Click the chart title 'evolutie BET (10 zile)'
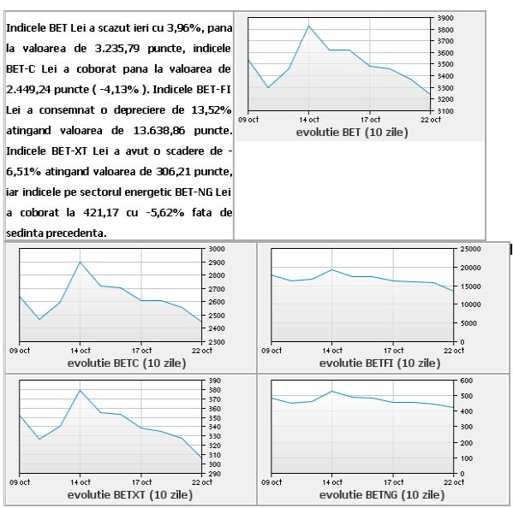coord(352,133)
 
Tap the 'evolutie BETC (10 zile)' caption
coord(127,363)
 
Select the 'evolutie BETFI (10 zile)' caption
coord(380,363)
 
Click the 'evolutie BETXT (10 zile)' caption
coord(130,494)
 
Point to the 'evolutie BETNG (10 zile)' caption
coord(382,494)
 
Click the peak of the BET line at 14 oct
coord(308,27)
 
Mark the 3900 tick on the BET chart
coord(445,18)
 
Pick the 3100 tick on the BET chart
coord(445,111)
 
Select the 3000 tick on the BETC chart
coord(217,249)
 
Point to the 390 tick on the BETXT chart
coord(215,381)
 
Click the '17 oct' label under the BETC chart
coord(141,351)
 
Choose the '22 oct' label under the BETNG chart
coord(454,482)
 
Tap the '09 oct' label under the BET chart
coord(248,120)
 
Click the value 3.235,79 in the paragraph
coord(117,49)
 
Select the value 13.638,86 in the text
coord(159,131)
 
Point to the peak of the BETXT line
coord(81,390)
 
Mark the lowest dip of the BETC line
coord(39,319)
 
